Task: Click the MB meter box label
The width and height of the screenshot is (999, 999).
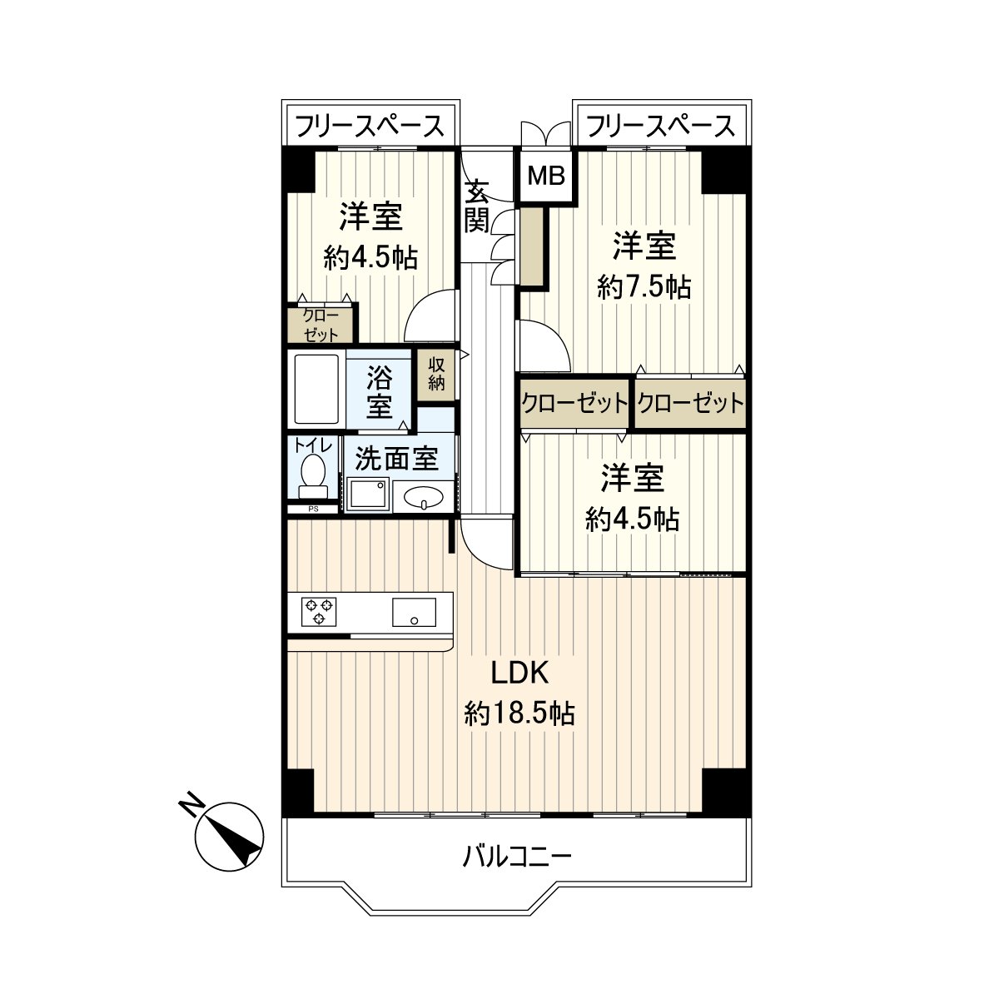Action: point(547,176)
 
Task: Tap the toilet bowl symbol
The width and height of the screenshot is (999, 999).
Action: point(313,472)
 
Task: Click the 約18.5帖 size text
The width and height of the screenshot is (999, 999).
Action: point(519,713)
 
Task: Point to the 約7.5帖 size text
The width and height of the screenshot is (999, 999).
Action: point(644,287)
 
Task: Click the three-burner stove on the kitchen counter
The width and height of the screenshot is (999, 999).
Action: point(319,612)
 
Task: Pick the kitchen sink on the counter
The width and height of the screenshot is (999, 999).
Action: point(414,613)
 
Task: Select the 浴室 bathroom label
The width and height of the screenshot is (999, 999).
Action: point(380,393)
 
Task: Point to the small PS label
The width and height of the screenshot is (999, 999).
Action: point(314,509)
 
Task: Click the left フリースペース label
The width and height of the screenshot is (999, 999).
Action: point(370,127)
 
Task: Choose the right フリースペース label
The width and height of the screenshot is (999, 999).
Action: point(660,127)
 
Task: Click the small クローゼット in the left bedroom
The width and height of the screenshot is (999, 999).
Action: point(321,325)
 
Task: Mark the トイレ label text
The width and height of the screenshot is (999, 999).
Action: point(313,445)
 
